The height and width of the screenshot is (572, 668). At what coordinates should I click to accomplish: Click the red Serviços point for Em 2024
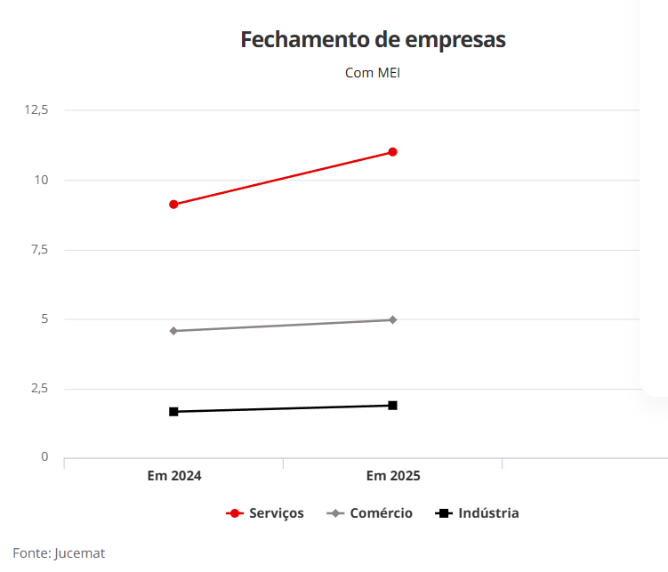(x=173, y=205)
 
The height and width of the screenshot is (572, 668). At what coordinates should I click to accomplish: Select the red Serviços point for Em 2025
(x=392, y=152)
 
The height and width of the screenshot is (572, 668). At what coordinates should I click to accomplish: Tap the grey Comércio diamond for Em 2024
(x=173, y=331)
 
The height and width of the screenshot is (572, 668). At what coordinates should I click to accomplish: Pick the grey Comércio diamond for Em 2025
(x=392, y=319)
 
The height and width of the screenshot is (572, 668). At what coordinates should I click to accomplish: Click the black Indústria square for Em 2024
(x=173, y=412)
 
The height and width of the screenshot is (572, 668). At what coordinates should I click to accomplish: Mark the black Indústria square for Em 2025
(x=392, y=406)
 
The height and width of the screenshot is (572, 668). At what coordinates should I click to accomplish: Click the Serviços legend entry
(x=266, y=513)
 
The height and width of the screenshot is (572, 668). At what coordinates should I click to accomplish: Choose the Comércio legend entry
(x=371, y=513)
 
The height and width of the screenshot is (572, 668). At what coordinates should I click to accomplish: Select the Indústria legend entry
(x=478, y=513)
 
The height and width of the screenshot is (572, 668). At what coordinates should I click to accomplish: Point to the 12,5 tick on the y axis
(x=36, y=109)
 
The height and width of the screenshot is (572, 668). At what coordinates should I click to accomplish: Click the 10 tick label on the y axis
(x=41, y=180)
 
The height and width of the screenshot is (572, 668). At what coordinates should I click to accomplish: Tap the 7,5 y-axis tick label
(x=38, y=249)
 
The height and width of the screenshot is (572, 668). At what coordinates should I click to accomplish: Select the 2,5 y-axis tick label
(x=38, y=389)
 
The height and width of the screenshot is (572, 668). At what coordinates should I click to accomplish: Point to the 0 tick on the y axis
(x=44, y=457)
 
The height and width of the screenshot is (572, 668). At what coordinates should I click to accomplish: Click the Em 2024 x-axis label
(x=174, y=476)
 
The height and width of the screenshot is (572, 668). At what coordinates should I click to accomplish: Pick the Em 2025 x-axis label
(x=393, y=476)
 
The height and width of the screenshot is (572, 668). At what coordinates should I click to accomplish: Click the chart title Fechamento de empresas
(x=373, y=40)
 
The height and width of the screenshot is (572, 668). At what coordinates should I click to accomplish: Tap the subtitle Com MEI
(x=373, y=73)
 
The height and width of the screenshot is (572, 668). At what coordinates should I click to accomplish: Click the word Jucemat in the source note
(x=80, y=553)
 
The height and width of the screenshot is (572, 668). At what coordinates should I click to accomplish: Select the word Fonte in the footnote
(x=29, y=553)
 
